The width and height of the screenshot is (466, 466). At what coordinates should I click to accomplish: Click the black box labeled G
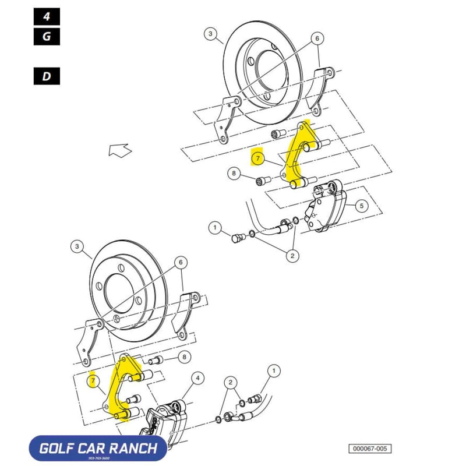click(47, 36)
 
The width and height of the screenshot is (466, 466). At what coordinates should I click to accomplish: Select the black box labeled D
click(47, 76)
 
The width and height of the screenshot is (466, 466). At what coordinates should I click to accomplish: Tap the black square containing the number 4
click(47, 16)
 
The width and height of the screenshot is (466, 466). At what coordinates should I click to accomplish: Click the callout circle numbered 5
click(361, 206)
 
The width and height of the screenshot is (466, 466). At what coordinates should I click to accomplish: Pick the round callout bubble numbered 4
click(199, 379)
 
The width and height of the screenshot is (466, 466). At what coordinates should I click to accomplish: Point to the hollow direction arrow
click(120, 151)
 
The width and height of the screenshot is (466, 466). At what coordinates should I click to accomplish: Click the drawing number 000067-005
click(370, 449)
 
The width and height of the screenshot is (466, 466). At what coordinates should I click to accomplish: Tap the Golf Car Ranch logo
click(97, 449)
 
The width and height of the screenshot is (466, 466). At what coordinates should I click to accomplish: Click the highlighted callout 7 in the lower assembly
click(91, 380)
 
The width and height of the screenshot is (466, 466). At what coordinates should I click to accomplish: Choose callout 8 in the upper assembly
click(234, 173)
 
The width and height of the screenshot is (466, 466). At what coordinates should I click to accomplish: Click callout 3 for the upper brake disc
click(211, 34)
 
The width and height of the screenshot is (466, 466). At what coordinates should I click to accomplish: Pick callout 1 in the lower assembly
click(274, 370)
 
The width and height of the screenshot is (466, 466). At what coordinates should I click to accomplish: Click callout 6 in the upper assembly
click(317, 39)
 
